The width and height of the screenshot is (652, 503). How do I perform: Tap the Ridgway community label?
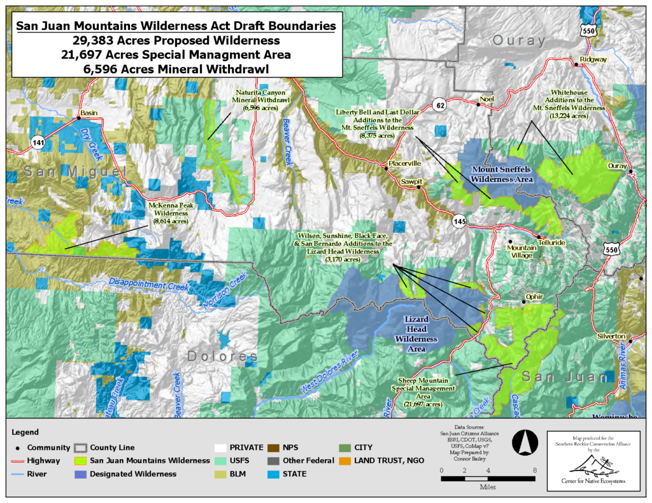coord(592,60)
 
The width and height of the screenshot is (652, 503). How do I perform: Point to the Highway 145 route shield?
coord(460,221)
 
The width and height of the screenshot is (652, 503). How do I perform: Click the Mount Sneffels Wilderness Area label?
coord(501,174)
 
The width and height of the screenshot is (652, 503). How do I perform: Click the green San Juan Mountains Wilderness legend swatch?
coord(80,460)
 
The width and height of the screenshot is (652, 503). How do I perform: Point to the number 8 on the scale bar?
coord(535,470)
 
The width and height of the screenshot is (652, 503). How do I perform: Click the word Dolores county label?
coord(223,355)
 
